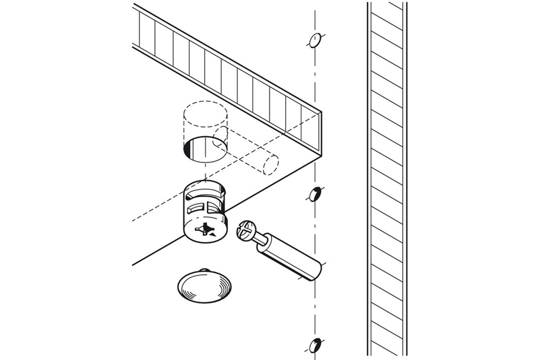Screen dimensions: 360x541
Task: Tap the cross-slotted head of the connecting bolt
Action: click(x=245, y=230)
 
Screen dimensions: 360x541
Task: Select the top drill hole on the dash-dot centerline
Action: click(x=315, y=41)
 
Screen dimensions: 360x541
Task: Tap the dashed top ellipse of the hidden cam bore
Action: click(x=205, y=114)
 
